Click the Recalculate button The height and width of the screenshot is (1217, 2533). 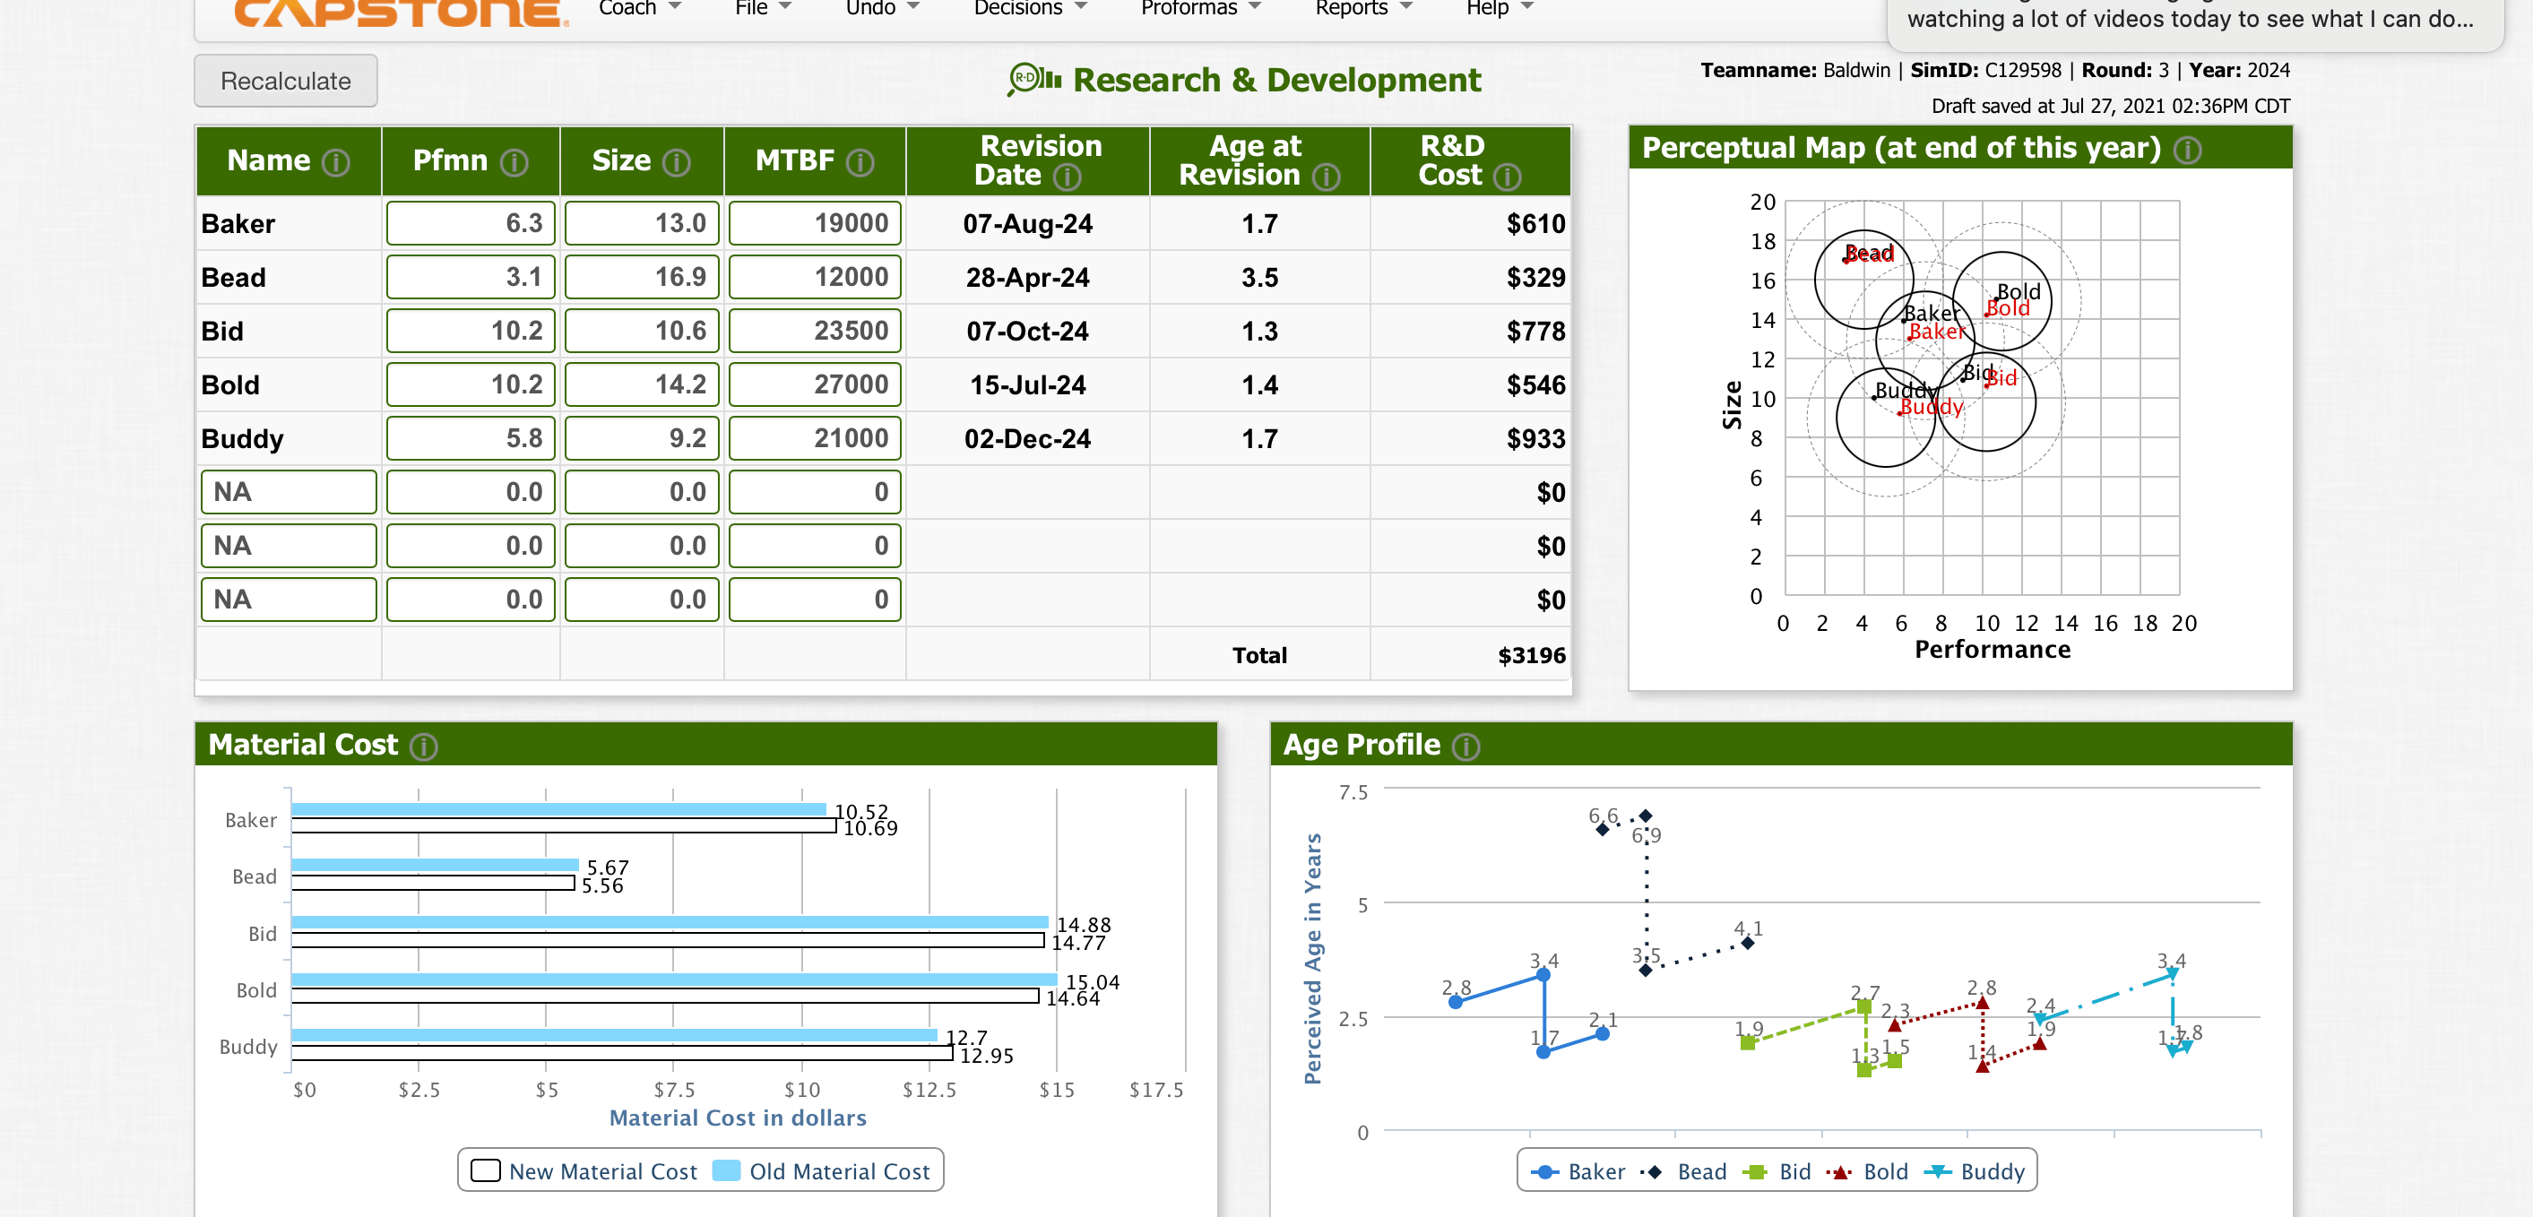click(285, 81)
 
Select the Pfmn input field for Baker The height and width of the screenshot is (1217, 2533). click(470, 223)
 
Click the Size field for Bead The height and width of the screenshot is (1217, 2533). click(641, 277)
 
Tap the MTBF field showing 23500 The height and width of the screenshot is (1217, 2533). click(814, 332)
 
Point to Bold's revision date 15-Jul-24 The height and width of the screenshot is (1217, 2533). click(1026, 384)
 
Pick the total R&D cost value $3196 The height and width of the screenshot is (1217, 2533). click(1531, 656)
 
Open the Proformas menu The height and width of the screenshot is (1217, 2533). click(1198, 9)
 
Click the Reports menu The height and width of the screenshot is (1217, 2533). click(1362, 9)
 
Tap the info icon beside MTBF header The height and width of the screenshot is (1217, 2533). click(860, 162)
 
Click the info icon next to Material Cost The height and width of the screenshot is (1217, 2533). click(424, 747)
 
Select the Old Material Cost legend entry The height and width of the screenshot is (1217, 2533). click(822, 1170)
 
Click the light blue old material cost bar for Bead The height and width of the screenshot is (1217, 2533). click(435, 865)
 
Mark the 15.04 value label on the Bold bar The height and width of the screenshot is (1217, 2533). click(1093, 981)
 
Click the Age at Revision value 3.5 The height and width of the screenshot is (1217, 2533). click(1258, 277)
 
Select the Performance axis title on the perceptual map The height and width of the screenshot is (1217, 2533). click(1992, 650)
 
